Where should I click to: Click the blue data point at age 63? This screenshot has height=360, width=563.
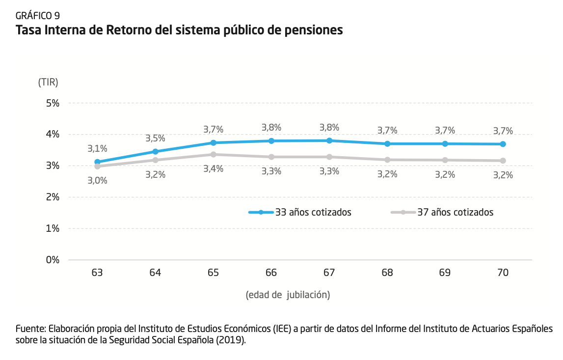pos(97,162)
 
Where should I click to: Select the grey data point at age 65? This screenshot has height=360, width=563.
pos(214,154)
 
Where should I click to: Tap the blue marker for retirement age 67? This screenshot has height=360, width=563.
pos(329,140)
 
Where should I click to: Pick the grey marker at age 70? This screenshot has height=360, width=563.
pos(503,161)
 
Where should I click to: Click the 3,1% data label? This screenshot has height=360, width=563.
pos(97,148)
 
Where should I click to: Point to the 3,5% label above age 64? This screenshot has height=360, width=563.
pos(155,138)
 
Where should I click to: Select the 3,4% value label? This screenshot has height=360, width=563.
pos(214,168)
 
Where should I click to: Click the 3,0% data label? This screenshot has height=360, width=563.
pos(97,180)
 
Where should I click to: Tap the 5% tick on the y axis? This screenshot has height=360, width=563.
pos(53,103)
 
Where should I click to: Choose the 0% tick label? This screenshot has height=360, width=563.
pos(53,260)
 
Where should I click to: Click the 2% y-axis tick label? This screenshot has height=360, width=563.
pos(53,197)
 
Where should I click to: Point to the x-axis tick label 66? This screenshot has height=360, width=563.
pos(271,273)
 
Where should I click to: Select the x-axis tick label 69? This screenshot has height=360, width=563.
pos(445,273)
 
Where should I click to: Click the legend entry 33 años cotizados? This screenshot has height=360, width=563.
pos(313,212)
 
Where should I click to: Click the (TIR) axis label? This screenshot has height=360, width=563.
pos(48,83)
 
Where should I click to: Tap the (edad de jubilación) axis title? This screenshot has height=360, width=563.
pos(288,295)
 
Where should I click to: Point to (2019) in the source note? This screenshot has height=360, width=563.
pos(230,340)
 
